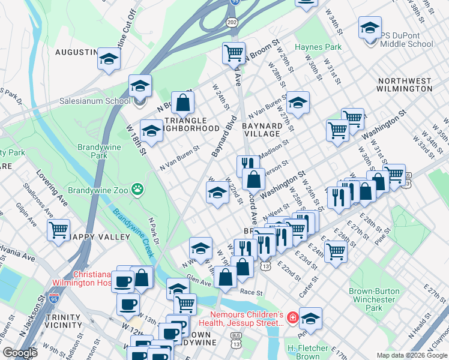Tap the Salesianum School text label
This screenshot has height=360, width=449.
click(94, 101)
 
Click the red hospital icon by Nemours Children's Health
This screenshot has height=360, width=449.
click(292, 317)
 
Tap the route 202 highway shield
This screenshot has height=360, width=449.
click(232, 22)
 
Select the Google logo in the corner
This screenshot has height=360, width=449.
click(20, 353)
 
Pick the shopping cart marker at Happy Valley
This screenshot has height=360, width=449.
click(58, 230)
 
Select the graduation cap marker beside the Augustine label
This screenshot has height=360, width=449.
click(109, 58)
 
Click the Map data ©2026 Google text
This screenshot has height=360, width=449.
click(411, 355)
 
